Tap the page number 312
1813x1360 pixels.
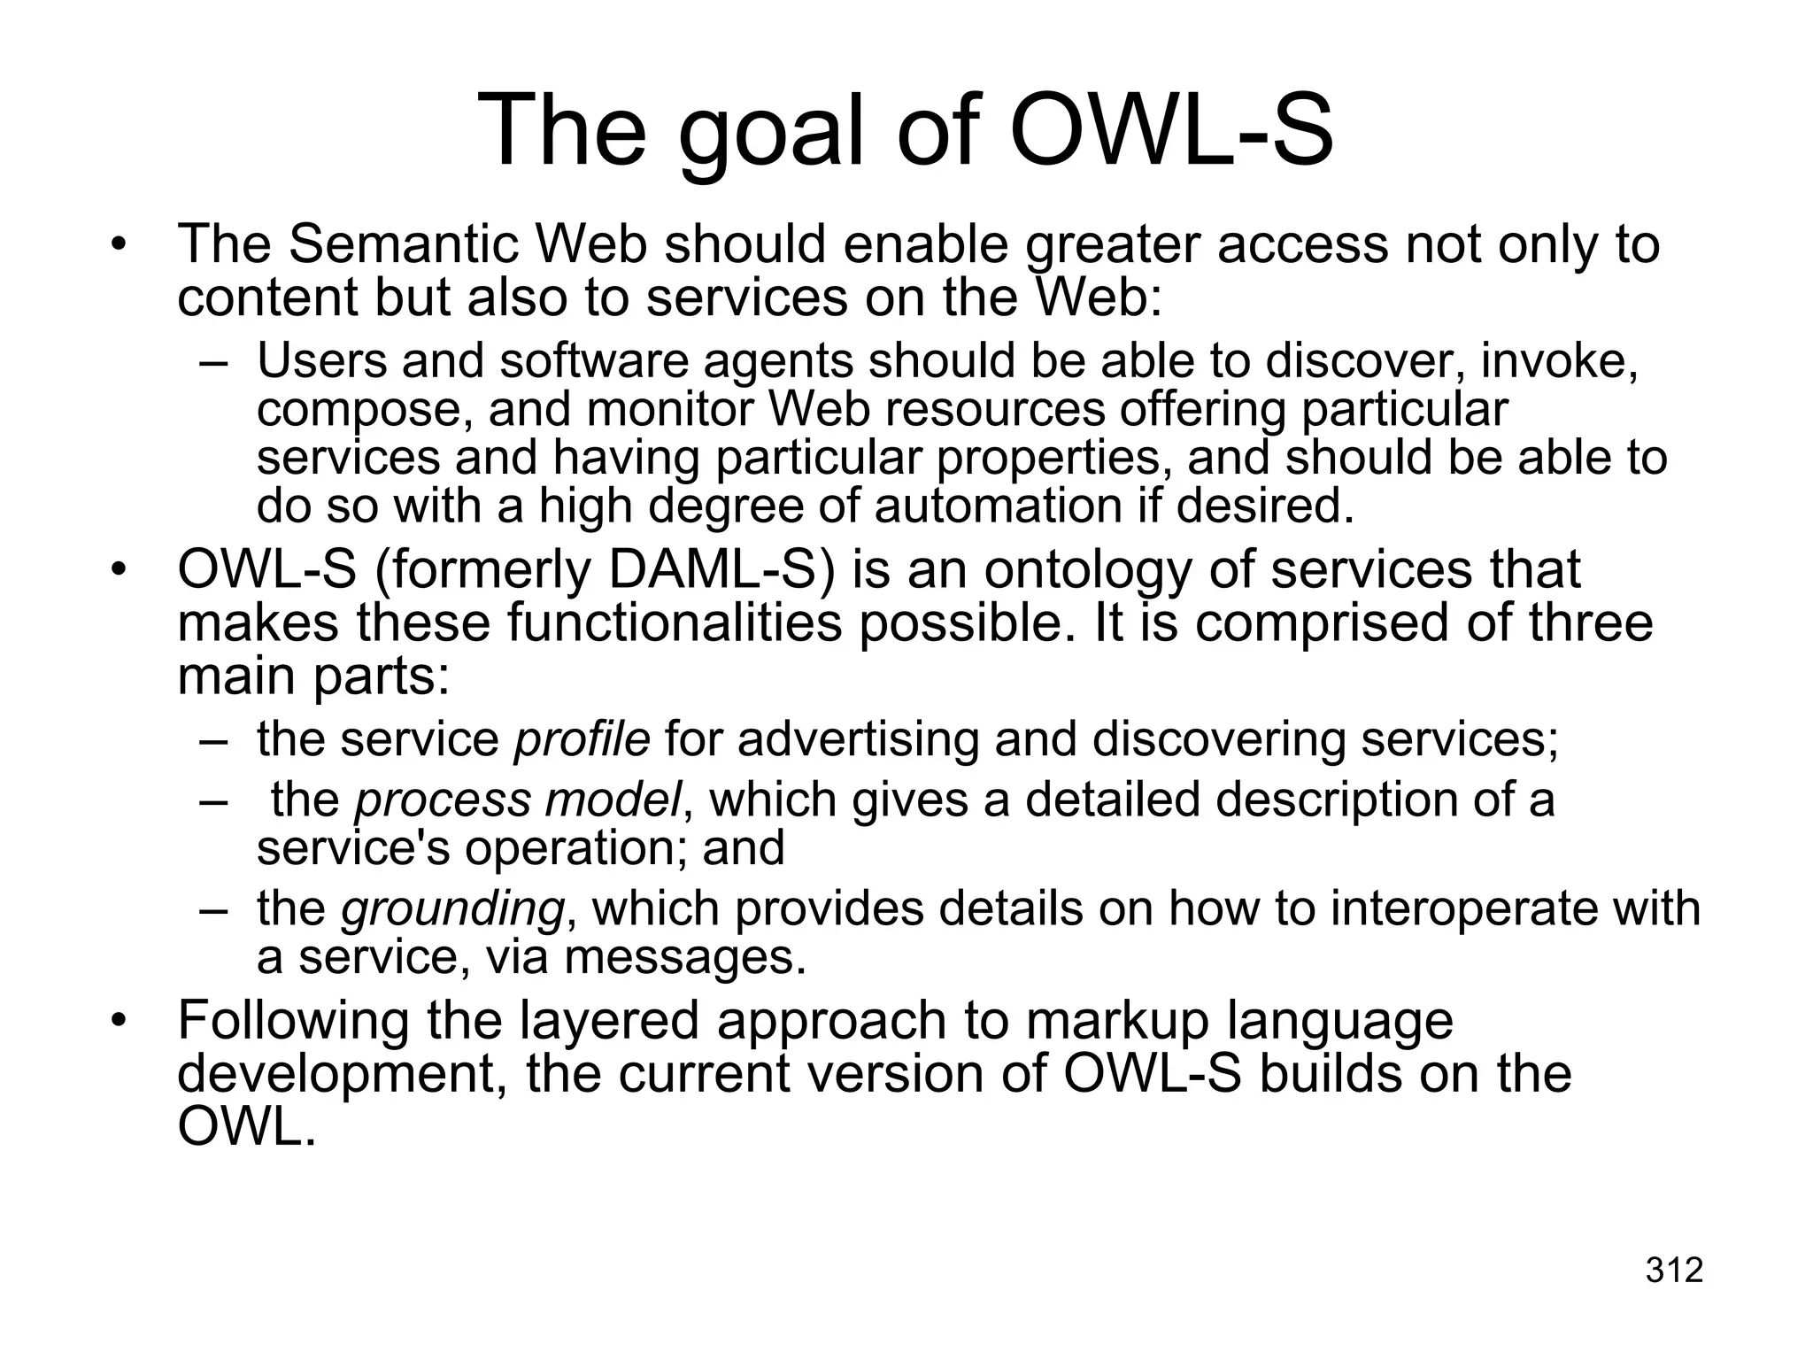[x=1674, y=1270]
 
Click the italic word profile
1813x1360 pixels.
[x=582, y=738]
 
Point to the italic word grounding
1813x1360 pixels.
[x=452, y=908]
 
